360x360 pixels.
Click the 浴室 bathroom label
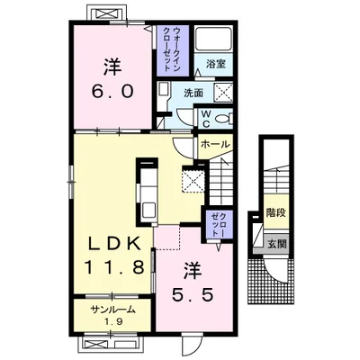[x=216, y=64]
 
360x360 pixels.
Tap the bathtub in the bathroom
[x=213, y=39]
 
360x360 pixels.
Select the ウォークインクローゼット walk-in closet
[x=173, y=50]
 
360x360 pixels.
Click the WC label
[x=205, y=119]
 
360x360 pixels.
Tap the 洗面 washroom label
[x=193, y=94]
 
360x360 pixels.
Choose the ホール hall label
[x=215, y=145]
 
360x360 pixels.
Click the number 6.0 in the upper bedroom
[x=112, y=91]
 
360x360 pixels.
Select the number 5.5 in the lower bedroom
[x=193, y=294]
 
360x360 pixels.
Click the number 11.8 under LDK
[x=114, y=267]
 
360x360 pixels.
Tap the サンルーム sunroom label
[x=112, y=310]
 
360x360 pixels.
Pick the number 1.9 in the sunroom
[x=112, y=321]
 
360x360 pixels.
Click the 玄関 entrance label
[x=276, y=244]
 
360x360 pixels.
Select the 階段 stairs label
[x=276, y=213]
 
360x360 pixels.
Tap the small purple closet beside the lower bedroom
[x=218, y=225]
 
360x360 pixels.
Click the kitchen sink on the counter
[x=148, y=209]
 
